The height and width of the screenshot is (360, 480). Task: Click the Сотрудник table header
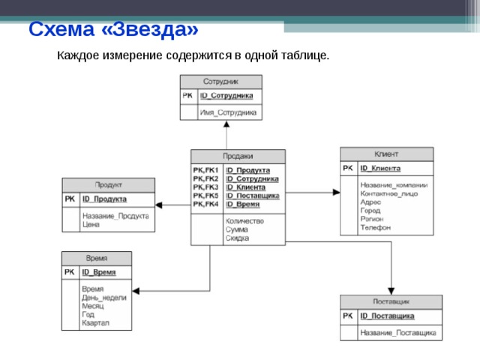click(220, 81)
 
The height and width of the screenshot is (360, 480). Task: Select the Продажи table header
click(238, 156)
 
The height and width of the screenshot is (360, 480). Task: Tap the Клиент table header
click(386, 154)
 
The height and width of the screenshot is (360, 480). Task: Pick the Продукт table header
click(108, 184)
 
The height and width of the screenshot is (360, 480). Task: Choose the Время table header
click(96, 258)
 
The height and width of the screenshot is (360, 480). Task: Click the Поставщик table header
click(391, 301)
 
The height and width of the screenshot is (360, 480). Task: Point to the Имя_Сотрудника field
click(227, 112)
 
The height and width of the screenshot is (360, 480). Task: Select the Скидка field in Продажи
click(237, 238)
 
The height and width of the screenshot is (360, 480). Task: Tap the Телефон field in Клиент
click(375, 227)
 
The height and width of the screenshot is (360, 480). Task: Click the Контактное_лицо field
click(388, 193)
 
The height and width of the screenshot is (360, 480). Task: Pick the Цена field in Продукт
click(91, 224)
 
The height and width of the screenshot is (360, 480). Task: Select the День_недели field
click(103, 298)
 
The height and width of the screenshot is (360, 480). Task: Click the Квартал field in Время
click(96, 323)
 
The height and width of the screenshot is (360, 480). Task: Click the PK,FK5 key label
click(205, 195)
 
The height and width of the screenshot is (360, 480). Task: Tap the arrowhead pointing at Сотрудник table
click(226, 124)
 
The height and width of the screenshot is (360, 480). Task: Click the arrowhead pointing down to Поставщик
click(390, 291)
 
